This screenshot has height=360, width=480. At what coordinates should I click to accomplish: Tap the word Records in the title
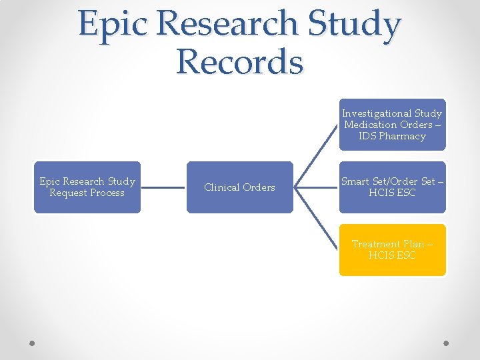pos(240,62)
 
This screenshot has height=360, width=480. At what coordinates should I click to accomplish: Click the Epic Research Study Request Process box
pos(87,187)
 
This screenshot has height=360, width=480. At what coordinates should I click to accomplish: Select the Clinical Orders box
pos(239,187)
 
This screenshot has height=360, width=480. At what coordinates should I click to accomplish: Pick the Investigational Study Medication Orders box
pos(392,125)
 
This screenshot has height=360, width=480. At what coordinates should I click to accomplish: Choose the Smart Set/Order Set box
pos(392,187)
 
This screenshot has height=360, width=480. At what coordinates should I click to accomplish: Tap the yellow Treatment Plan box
pos(392,250)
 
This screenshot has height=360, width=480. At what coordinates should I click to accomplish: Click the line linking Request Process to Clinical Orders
pos(163,187)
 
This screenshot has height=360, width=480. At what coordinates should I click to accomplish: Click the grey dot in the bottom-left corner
pos(32,343)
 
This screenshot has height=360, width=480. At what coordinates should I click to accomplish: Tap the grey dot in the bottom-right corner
pos(447,343)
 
